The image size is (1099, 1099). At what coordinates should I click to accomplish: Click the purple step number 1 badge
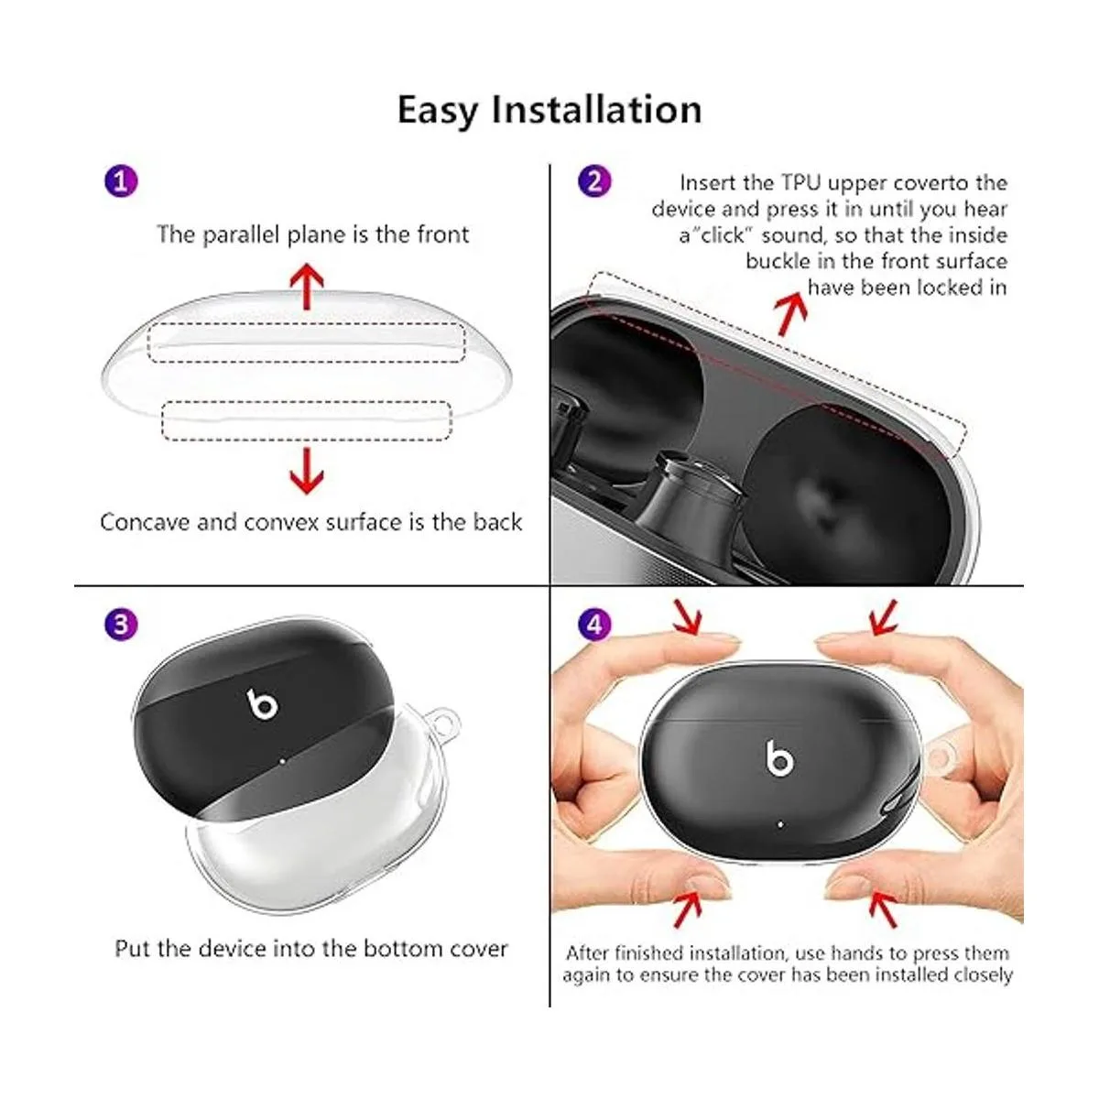pyautogui.click(x=121, y=182)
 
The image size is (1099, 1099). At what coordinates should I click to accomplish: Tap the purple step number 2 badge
pyautogui.click(x=595, y=181)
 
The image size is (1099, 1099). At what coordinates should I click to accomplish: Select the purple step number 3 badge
pyautogui.click(x=121, y=624)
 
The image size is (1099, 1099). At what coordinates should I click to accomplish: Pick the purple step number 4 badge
pyautogui.click(x=595, y=625)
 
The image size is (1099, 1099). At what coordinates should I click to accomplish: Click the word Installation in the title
pyautogui.click(x=596, y=109)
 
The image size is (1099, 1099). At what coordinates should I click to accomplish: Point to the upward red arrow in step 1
pyautogui.click(x=307, y=286)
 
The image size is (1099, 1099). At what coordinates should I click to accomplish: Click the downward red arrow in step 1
pyautogui.click(x=307, y=472)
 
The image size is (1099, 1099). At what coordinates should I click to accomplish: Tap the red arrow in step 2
pyautogui.click(x=791, y=313)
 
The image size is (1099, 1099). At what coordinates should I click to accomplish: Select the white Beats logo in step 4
pyautogui.click(x=779, y=758)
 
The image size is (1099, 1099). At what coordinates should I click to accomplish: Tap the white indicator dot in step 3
pyautogui.click(x=283, y=760)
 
